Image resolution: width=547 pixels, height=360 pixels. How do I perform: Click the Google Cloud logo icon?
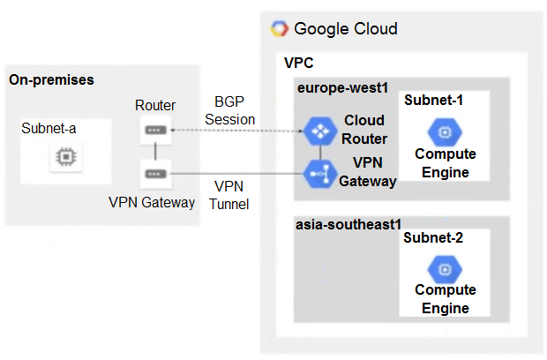click(x=279, y=28)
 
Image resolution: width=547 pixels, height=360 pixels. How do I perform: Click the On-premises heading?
click(x=51, y=79)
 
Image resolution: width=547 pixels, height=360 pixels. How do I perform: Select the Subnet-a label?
click(x=49, y=129)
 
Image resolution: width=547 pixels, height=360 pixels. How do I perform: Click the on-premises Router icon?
click(x=154, y=131)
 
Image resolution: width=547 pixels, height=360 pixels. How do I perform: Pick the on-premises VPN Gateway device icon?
click(x=154, y=175)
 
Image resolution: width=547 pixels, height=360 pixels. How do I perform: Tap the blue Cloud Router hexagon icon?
click(x=316, y=131)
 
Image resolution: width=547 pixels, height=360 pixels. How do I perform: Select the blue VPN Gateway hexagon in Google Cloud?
click(x=316, y=174)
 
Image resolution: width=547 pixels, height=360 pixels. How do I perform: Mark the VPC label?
click(x=298, y=64)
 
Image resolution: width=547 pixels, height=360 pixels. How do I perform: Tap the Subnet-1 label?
click(x=433, y=100)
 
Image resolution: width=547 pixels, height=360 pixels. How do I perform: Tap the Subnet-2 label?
click(x=433, y=237)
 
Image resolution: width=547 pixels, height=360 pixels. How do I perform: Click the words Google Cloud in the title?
click(x=346, y=28)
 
